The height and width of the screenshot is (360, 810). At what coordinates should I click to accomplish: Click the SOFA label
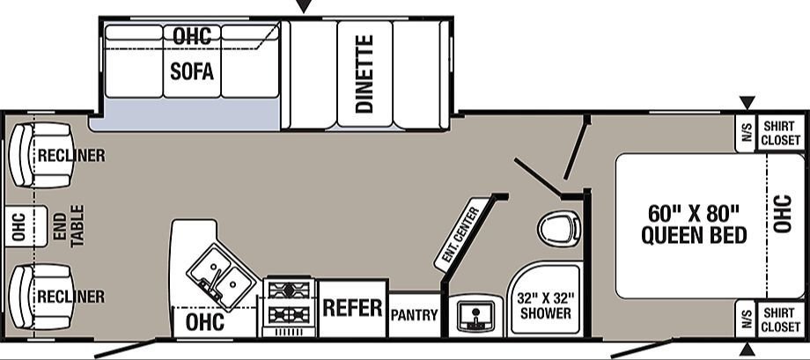192,72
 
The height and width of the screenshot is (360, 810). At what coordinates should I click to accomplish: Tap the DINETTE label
364,74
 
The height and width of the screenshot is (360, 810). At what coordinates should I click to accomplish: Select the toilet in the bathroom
558,228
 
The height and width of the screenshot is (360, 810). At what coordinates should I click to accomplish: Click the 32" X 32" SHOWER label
546,305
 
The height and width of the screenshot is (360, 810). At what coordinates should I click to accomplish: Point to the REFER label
352,307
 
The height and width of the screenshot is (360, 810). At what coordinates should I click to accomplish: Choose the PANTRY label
415,314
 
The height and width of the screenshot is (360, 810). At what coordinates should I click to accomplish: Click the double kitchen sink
221,276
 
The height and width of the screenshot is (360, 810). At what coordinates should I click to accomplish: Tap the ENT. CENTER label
458,232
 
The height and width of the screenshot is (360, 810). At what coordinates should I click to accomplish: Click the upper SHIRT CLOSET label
781,133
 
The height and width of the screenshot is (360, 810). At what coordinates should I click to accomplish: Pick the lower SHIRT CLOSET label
781,320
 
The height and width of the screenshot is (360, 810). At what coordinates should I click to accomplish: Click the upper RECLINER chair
41,155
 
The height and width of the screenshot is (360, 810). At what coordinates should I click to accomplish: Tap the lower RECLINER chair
41,297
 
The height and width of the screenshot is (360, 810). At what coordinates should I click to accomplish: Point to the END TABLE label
69,225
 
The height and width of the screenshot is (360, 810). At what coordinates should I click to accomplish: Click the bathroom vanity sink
475,315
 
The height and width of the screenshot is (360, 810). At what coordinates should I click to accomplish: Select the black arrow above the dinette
305,6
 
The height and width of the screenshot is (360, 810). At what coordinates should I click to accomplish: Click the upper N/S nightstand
746,133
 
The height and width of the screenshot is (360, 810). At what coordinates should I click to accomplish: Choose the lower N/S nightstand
746,320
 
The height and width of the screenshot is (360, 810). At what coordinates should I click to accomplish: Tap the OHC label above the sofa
192,36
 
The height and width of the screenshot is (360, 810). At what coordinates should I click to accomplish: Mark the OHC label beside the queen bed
782,213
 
